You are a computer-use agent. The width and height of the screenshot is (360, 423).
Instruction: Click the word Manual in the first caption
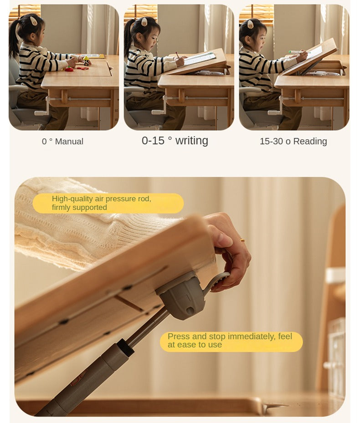[x=69, y=141]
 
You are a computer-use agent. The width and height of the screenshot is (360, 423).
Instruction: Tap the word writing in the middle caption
[x=192, y=141]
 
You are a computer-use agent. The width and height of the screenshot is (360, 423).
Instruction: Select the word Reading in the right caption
[x=310, y=141]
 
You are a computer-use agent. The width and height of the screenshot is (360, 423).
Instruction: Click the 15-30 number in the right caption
[x=272, y=141]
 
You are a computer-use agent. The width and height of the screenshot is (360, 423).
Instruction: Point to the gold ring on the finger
[x=242, y=240]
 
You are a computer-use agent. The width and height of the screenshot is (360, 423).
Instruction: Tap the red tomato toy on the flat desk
[x=69, y=69]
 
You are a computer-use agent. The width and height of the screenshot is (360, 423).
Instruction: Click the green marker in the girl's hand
[x=295, y=52]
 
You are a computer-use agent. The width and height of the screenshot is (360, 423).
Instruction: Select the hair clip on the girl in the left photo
[x=34, y=20]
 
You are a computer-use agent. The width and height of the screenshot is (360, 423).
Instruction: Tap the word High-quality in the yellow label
[x=72, y=199]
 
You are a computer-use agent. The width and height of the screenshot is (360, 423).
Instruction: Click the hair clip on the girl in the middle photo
[x=144, y=21]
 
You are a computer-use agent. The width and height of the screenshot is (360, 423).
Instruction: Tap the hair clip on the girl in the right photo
[x=250, y=24]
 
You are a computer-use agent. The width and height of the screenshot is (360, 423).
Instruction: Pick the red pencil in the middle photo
[x=177, y=55]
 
